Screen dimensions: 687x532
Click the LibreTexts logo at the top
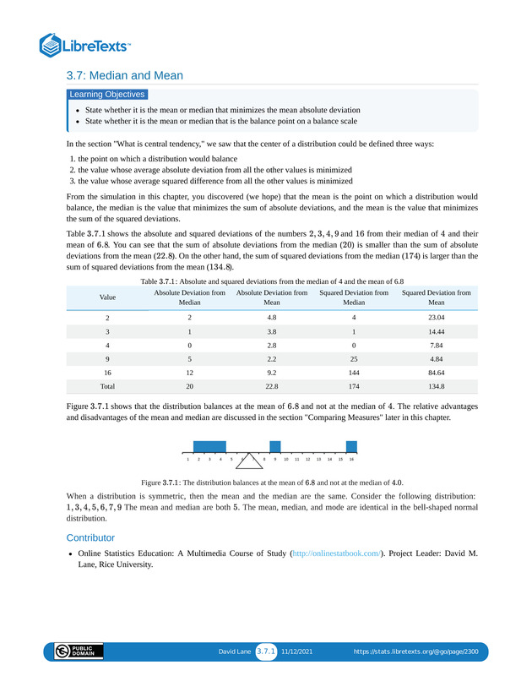(x=85, y=44)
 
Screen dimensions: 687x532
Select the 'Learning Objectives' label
(x=107, y=95)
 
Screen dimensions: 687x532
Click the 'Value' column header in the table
(x=107, y=297)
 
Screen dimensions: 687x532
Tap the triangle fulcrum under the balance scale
(x=250, y=461)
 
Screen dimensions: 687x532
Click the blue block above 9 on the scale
(x=275, y=446)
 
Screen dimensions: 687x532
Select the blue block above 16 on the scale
(x=351, y=446)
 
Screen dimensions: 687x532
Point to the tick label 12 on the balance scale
(x=307, y=459)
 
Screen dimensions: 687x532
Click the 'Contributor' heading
(x=90, y=537)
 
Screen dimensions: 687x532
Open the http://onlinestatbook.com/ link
(x=335, y=553)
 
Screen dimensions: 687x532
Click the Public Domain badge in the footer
(x=79, y=652)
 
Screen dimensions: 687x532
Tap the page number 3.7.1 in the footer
(x=267, y=652)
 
